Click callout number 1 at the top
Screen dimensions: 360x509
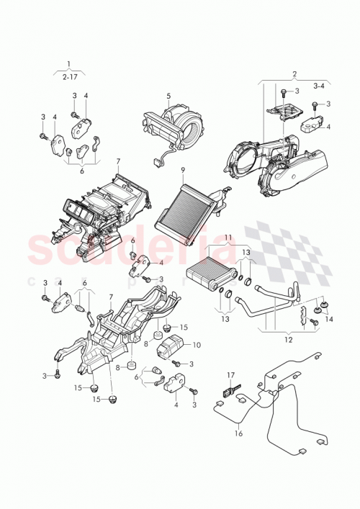pyautogui.click(x=69, y=64)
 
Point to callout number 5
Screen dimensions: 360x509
pyautogui.click(x=168, y=96)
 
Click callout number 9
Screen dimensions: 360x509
pyautogui.click(x=183, y=170)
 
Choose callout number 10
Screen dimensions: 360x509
pyautogui.click(x=197, y=346)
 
